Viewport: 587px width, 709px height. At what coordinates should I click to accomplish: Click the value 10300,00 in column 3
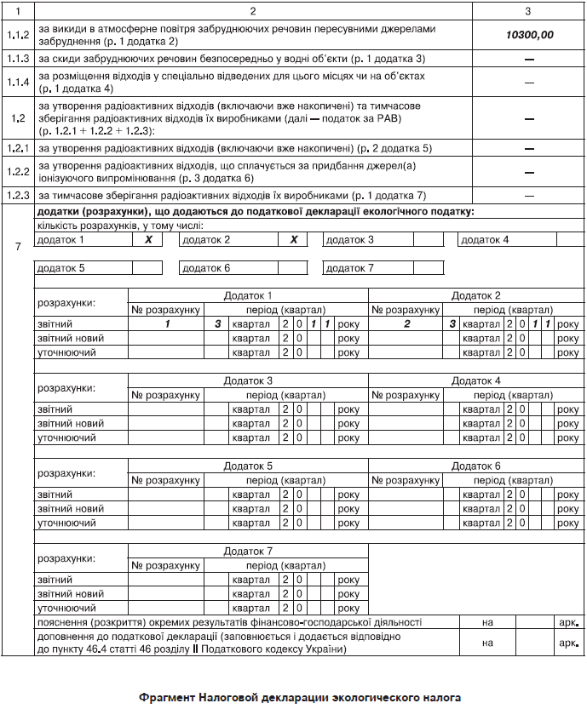(x=529, y=36)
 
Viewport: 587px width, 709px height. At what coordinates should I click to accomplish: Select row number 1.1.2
(x=16, y=36)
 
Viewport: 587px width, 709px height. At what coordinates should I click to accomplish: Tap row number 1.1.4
(x=16, y=82)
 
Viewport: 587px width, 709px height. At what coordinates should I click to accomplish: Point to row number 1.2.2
(x=16, y=172)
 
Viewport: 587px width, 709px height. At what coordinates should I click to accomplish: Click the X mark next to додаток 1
(x=147, y=240)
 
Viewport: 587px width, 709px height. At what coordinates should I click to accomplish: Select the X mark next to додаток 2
(x=293, y=240)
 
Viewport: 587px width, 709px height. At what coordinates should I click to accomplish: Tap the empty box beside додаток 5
(x=147, y=268)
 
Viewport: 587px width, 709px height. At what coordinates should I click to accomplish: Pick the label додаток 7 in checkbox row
(x=350, y=268)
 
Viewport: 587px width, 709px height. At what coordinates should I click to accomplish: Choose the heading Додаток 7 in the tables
(x=247, y=552)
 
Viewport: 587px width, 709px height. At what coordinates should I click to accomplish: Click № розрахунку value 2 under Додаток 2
(x=406, y=324)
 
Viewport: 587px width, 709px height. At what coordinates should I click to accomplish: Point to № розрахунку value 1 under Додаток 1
(x=167, y=324)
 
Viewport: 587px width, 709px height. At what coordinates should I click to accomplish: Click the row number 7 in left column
(x=18, y=247)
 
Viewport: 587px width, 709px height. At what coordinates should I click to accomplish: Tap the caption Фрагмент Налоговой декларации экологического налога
(x=294, y=697)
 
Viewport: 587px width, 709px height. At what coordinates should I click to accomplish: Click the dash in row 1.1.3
(x=529, y=59)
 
